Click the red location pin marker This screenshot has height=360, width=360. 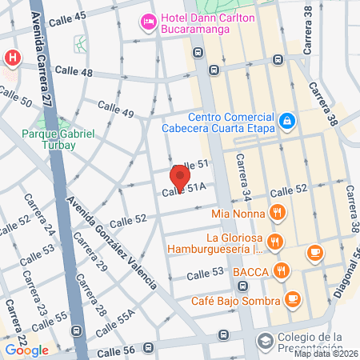click(x=180, y=174)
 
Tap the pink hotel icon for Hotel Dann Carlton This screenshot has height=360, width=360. click(x=147, y=21)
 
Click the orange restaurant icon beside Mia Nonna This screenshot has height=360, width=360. click(x=276, y=213)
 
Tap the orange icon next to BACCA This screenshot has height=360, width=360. click(x=280, y=270)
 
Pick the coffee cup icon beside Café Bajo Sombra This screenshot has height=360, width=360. click(x=293, y=300)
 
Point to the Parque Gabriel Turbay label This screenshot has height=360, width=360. click(x=58, y=138)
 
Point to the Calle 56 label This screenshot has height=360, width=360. click(x=115, y=351)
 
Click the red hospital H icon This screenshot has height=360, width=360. click(x=11, y=58)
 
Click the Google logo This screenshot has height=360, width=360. click(x=26, y=350)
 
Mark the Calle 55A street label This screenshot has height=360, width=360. click(x=111, y=322)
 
